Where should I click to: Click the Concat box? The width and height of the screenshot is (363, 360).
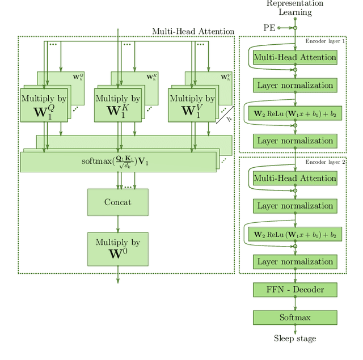click(117, 202)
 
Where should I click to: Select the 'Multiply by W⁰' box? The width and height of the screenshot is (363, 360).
click(117, 249)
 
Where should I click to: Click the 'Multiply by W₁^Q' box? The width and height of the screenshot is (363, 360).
click(44, 105)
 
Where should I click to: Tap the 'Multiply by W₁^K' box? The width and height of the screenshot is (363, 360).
click(117, 105)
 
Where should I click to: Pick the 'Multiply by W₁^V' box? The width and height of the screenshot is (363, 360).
click(191, 105)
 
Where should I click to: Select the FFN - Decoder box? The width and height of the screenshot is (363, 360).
click(295, 290)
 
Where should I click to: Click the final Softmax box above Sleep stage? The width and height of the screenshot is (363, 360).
click(295, 317)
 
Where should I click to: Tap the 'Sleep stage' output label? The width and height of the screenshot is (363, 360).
click(295, 338)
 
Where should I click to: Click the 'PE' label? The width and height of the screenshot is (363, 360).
click(269, 27)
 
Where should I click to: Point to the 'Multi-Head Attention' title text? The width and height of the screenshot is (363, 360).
click(193, 32)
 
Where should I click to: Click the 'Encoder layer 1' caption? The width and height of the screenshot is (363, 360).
click(325, 41)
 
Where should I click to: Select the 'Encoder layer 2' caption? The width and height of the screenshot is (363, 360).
click(325, 162)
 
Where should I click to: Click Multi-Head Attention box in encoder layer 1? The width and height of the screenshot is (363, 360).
click(295, 57)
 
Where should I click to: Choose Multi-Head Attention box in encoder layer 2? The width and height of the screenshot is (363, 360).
click(295, 178)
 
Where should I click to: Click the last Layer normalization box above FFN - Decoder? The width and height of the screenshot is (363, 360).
click(295, 262)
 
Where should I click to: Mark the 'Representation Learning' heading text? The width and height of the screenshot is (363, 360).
click(295, 8)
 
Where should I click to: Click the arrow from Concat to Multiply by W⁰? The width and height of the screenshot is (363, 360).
click(118, 224)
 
